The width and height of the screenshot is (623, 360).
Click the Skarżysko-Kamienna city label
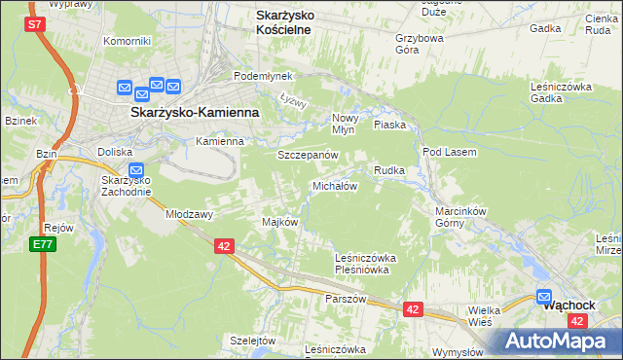[x=195, y=112]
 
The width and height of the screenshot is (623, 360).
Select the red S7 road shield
[x=36, y=24]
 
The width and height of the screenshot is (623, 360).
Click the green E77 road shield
[x=42, y=244]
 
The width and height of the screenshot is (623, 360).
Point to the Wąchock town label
[x=569, y=304]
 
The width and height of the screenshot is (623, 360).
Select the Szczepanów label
[x=307, y=155]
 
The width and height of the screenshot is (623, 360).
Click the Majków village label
[x=279, y=222]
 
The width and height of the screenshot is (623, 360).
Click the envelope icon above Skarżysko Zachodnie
[x=135, y=169]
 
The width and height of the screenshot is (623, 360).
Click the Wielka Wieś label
[x=482, y=314]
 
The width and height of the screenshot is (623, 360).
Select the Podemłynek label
[x=257, y=76]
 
